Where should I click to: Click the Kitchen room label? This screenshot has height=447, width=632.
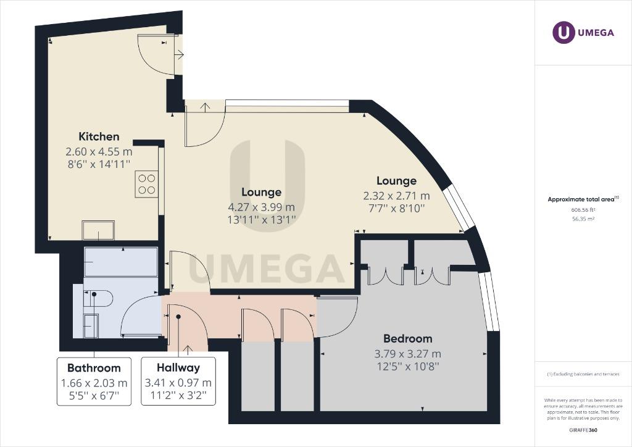(x=99, y=136)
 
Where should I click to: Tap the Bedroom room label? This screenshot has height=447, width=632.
(x=407, y=338)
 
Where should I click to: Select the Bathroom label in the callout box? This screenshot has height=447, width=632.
(x=94, y=368)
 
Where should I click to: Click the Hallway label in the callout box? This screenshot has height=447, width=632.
(x=178, y=368)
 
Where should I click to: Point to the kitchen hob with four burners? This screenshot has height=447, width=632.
(x=147, y=184)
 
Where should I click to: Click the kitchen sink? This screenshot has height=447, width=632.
(x=98, y=230)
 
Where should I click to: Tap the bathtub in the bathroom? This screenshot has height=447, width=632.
(x=121, y=262)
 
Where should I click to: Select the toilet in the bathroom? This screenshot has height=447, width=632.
(x=100, y=299)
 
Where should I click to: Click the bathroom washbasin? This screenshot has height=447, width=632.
(x=90, y=325)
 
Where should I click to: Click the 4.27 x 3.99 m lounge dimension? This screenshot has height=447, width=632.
(x=262, y=206)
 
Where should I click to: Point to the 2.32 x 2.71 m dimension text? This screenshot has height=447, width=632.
(x=396, y=196)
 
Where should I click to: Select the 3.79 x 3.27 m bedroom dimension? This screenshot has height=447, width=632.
(x=407, y=354)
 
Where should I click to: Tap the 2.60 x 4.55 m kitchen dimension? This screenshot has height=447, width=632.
(x=99, y=151)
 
